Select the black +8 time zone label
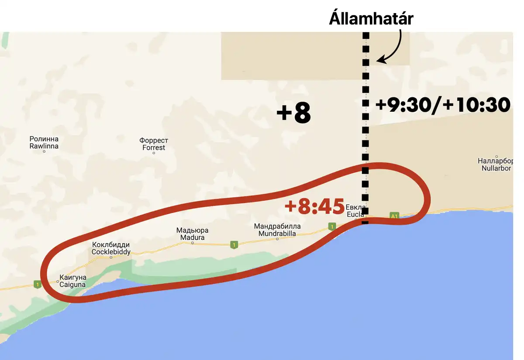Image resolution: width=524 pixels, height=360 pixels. coord(293,114)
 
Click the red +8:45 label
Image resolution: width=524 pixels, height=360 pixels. coord(314,206)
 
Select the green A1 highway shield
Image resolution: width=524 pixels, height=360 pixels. coord(394,216)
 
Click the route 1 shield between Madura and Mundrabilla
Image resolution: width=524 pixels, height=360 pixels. coord(234,245)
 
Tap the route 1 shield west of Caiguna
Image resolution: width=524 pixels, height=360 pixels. coord(38,285)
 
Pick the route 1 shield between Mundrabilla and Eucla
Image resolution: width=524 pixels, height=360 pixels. coord(332,226)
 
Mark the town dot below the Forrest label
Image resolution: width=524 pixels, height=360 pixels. coord(154,153)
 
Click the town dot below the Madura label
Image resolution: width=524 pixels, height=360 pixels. coord(192,243)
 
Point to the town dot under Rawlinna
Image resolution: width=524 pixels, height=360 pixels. coord(44,152)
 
